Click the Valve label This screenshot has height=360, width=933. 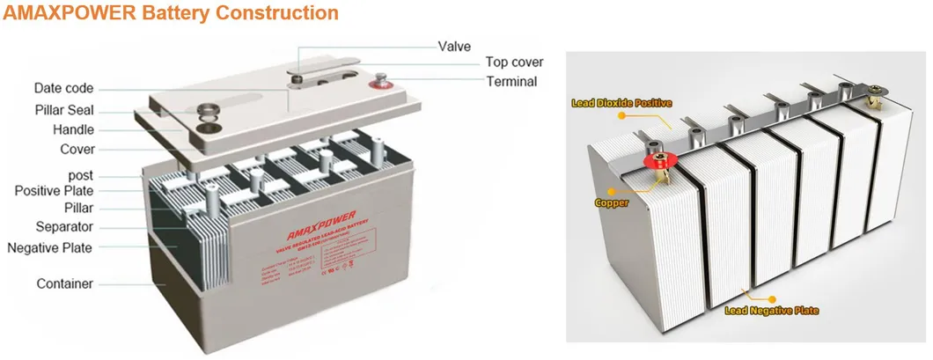tap(455, 45)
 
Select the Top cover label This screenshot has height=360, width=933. tap(514, 62)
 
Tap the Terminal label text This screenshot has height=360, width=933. tap(511, 82)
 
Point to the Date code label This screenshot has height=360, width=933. tap(63, 89)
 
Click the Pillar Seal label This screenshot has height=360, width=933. tap(63, 110)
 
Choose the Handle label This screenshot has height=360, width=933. tap(73, 129)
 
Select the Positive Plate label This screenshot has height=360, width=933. tap(54, 191)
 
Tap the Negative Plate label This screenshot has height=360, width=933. tap(50, 247)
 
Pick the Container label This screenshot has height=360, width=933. tap(65, 284)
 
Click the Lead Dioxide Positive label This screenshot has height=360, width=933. tap(621, 103)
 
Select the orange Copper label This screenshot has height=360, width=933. tap(612, 202)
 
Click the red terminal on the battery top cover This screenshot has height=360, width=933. tap(383, 85)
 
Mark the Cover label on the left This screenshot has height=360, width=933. tap(77, 150)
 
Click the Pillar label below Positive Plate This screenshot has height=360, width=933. tap(78, 208)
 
